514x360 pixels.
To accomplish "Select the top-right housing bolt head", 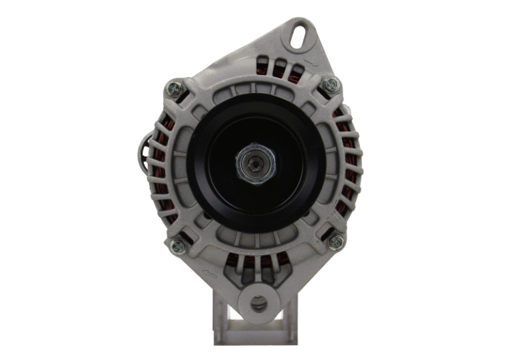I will point(330,85).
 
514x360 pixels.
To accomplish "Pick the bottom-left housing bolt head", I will point(178,246).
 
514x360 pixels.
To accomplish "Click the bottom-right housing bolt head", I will point(336,242).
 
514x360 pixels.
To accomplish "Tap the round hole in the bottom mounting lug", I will point(258,304).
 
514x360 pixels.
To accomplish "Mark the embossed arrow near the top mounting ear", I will point(309,64).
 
